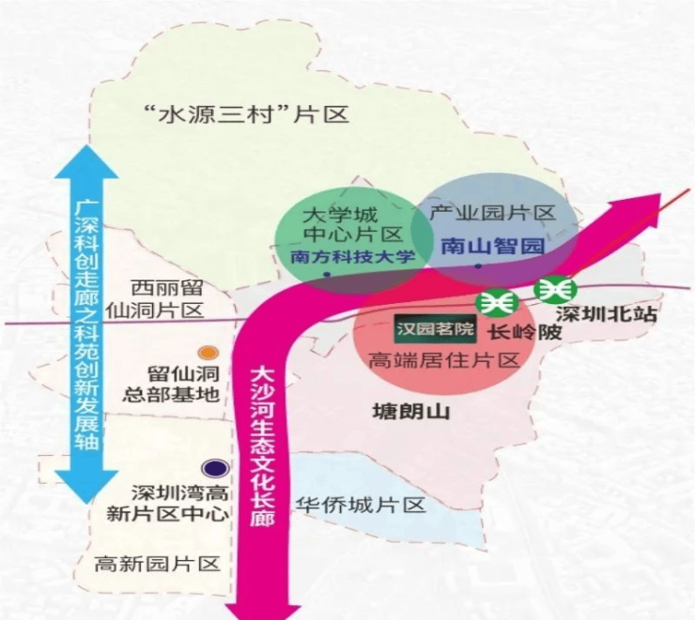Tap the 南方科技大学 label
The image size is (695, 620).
353,256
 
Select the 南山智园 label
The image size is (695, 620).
492,246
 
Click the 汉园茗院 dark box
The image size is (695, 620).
435,329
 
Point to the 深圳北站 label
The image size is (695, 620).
606,314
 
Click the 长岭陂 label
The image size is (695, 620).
524,332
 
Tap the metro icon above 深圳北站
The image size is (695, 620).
555,289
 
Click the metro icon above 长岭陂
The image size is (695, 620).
497,303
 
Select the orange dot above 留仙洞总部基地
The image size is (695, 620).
208,353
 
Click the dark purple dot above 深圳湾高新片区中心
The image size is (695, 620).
215,468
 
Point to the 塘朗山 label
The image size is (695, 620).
411,411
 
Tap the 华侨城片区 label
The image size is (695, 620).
361,505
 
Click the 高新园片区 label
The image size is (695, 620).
158,565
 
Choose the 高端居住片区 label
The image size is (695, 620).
444,360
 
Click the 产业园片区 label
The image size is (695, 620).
492,213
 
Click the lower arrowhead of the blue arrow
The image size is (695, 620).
86,487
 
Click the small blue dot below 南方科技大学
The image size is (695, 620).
327,275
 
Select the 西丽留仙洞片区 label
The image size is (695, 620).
155,299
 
